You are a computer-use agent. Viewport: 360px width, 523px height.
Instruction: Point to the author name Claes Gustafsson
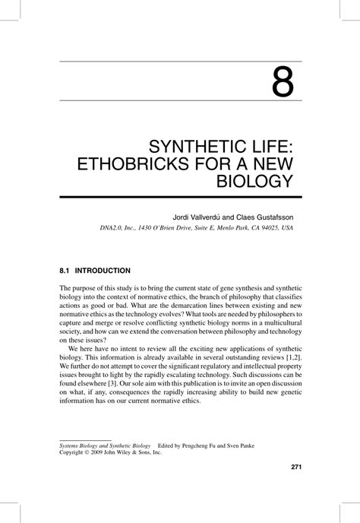[x=267, y=216]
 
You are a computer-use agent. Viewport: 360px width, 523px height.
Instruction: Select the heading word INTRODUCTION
[x=103, y=271]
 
